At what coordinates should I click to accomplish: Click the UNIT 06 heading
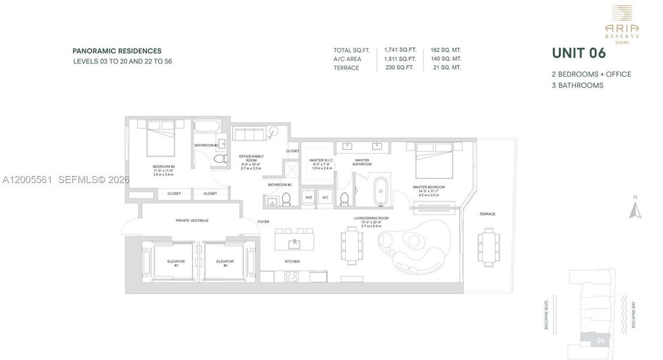(x=578, y=53)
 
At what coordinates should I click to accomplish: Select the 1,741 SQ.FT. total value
(x=400, y=50)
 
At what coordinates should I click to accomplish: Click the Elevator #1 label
(x=176, y=263)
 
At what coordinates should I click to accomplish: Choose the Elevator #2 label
(x=225, y=263)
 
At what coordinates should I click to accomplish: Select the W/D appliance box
(x=309, y=197)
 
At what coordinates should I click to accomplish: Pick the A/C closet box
(x=325, y=197)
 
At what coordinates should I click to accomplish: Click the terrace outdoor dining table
(x=488, y=247)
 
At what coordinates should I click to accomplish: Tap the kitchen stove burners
(x=291, y=277)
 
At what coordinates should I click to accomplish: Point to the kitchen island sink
(x=295, y=243)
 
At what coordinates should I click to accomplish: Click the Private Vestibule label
(x=192, y=220)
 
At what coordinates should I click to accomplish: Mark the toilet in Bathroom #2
(x=220, y=159)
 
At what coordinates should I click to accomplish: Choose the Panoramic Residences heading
(x=117, y=51)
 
